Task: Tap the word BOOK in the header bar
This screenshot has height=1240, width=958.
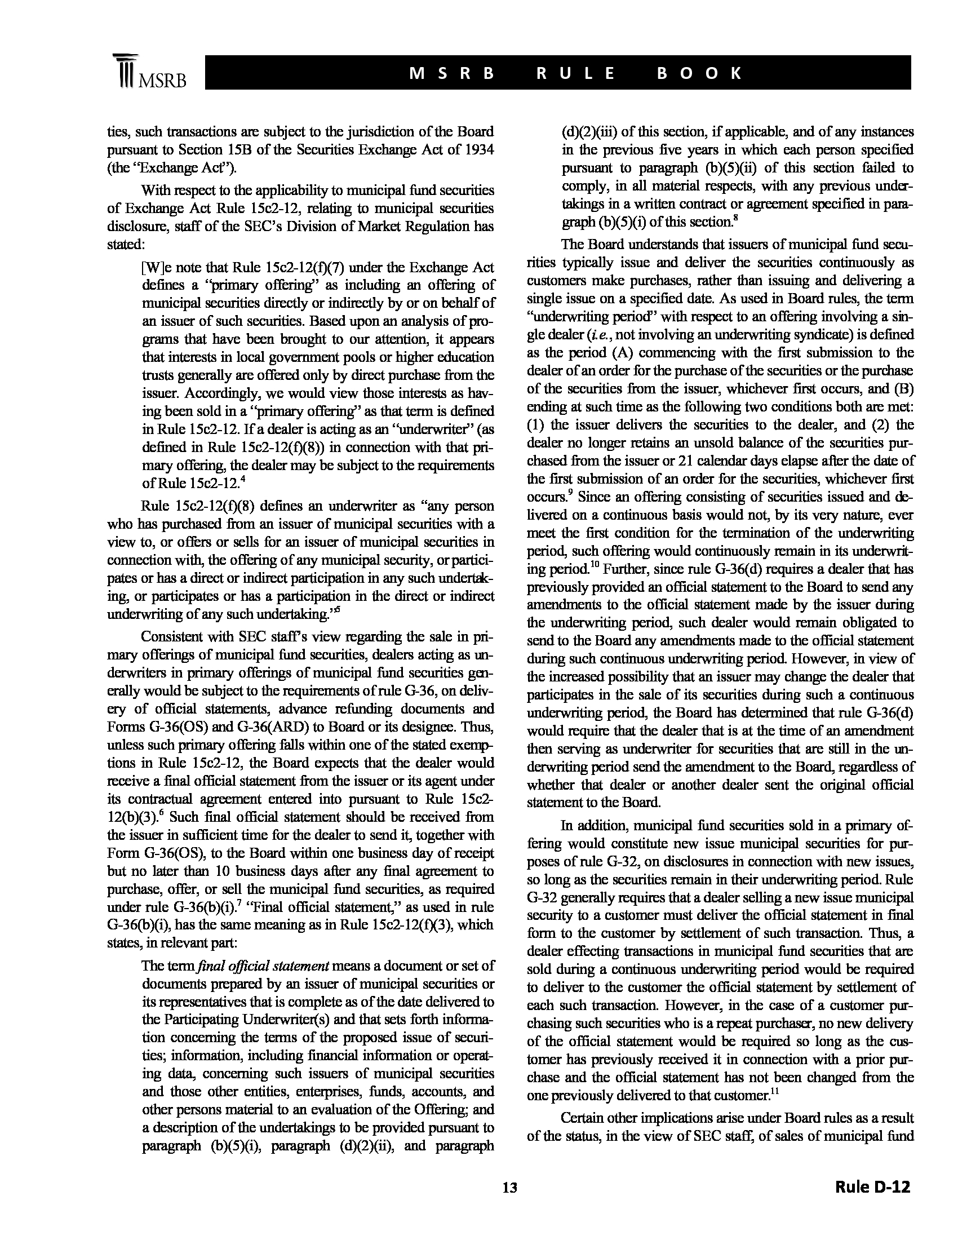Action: click(x=699, y=73)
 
